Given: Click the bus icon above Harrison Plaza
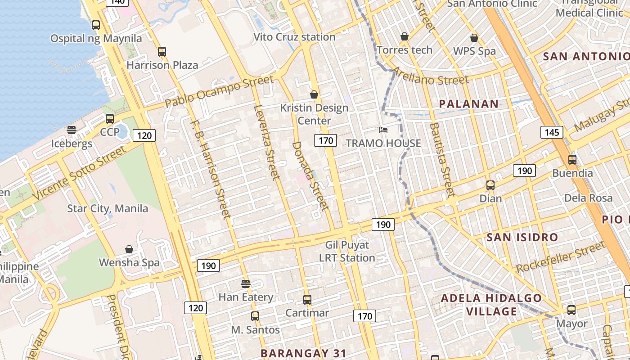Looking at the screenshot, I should [x=162, y=52].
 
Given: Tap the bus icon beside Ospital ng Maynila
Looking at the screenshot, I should [x=96, y=25].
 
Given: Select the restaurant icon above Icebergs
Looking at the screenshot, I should [x=72, y=130].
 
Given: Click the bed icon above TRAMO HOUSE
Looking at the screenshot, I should [x=383, y=130].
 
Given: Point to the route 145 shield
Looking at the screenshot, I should [x=552, y=132].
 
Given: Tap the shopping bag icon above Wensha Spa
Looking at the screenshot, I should [x=129, y=249].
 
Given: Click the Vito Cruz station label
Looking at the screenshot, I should [x=294, y=37].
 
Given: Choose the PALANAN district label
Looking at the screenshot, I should [x=468, y=104].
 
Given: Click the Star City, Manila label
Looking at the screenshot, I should [x=108, y=208].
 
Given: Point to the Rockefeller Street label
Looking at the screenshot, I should [x=561, y=257].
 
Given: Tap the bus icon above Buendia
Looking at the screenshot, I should [x=572, y=160].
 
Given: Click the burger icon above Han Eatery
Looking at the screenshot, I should [x=246, y=284].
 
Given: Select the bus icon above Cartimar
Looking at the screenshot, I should [x=307, y=299].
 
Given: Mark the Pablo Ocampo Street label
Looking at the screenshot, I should [x=219, y=91].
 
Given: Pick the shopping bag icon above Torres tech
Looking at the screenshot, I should [x=405, y=36].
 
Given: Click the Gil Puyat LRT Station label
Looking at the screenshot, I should [x=347, y=252].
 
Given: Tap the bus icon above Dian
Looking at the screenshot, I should [x=490, y=185].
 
